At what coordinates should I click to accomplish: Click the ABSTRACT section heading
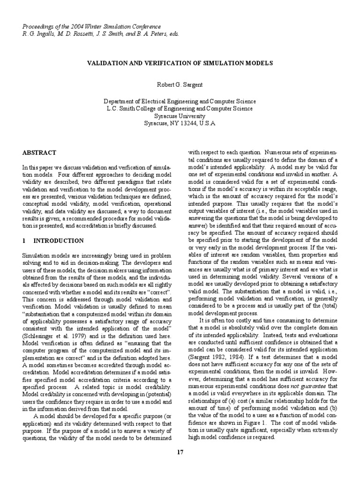[39, 153]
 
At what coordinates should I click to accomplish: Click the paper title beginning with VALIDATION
[180, 62]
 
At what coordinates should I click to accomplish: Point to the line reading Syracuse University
[180, 116]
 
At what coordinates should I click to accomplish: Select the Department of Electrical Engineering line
[180, 101]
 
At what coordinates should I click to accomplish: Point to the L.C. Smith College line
[180, 109]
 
